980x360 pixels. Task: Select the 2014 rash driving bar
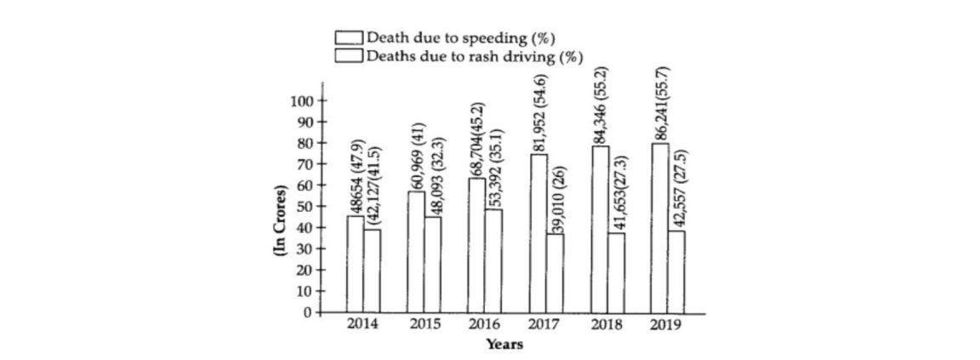pyautogui.click(x=372, y=271)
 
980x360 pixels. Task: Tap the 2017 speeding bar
pyautogui.click(x=538, y=233)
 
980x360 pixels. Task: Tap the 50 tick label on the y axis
pyautogui.click(x=307, y=206)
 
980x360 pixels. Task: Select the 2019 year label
pyautogui.click(x=664, y=324)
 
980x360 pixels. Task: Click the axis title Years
pyautogui.click(x=504, y=345)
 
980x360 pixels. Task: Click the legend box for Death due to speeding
pyautogui.click(x=349, y=38)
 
